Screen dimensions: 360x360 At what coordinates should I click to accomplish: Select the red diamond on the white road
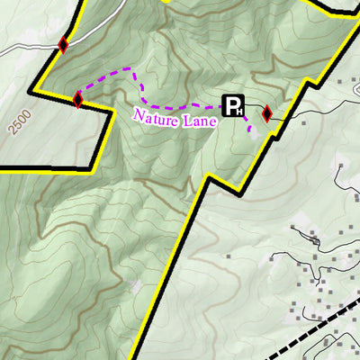click(63, 44)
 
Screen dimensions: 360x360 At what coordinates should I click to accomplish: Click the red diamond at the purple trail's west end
click(78, 99)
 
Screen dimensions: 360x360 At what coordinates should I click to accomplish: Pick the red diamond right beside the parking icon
click(266, 113)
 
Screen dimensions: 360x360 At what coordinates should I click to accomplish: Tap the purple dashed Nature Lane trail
click(139, 85)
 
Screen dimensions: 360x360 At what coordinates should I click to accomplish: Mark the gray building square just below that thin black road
click(291, 126)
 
